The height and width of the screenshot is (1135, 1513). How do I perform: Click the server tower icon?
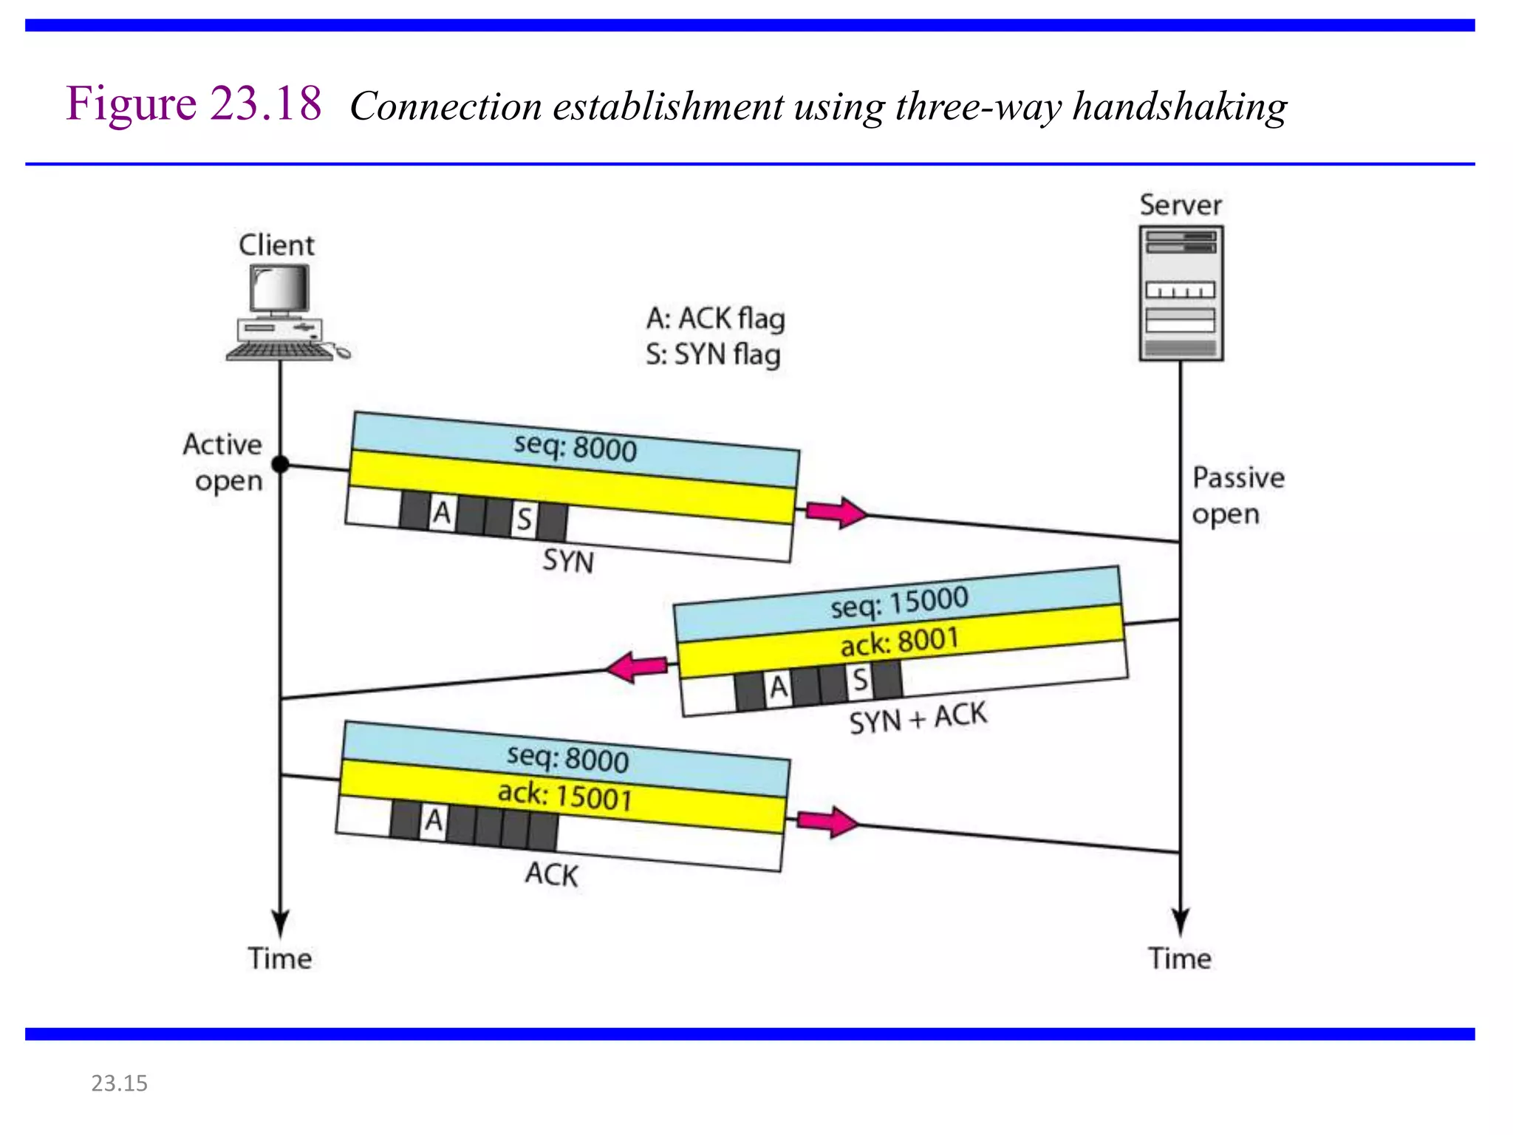[1181, 293]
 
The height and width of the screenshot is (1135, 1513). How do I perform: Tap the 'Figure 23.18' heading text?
[194, 103]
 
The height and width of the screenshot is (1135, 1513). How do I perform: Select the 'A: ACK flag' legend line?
[715, 318]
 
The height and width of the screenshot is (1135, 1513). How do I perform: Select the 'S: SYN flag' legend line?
[713, 355]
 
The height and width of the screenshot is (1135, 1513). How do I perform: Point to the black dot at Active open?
[281, 464]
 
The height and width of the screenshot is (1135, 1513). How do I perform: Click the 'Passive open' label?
[1238, 495]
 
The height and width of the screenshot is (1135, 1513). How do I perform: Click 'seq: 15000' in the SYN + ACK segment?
[899, 601]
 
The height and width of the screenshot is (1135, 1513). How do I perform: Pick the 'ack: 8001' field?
[899, 641]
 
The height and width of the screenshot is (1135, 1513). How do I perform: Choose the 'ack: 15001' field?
[564, 796]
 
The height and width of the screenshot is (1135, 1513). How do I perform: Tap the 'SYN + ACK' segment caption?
[918, 718]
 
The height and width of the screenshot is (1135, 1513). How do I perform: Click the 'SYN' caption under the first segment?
[568, 561]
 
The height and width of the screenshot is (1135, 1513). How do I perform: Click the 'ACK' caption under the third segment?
[551, 874]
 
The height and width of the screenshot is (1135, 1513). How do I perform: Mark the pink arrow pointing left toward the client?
[636, 667]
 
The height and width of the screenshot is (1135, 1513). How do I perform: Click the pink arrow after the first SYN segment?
[836, 512]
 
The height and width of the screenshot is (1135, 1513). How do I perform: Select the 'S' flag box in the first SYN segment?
[524, 519]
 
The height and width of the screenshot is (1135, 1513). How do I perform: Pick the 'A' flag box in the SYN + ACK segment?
[779, 687]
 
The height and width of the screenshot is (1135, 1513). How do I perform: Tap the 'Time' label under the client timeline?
[279, 958]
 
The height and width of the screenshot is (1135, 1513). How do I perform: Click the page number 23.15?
[119, 1083]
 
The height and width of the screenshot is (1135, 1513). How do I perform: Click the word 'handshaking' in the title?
[1180, 106]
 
